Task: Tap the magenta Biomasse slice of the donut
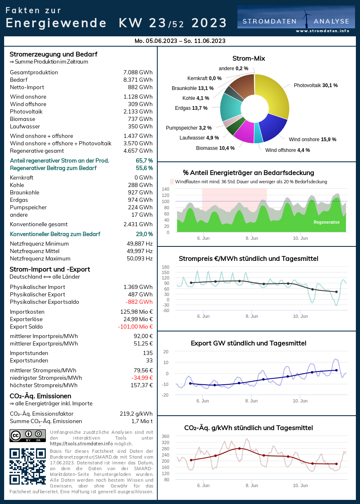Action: point(244,133)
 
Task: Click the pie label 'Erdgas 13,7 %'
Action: point(191,108)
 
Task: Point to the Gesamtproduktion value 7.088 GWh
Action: point(138,73)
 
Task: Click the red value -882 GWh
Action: point(139,302)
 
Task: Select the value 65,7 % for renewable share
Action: point(144,161)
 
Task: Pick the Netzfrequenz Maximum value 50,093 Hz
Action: point(140,258)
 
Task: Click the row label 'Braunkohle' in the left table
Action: point(24,193)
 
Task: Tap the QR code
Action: point(28,466)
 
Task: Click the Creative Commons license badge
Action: point(28,435)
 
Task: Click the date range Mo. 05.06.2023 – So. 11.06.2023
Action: point(180,41)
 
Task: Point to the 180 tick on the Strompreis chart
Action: point(166,267)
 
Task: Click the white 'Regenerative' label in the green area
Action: point(327,222)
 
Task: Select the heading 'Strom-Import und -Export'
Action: point(50,269)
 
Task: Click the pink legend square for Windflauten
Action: point(172,182)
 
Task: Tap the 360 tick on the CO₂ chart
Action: point(166,436)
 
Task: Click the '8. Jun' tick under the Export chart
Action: point(251,401)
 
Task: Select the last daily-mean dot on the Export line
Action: point(336,370)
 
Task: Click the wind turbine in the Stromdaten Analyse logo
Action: point(306,19)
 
